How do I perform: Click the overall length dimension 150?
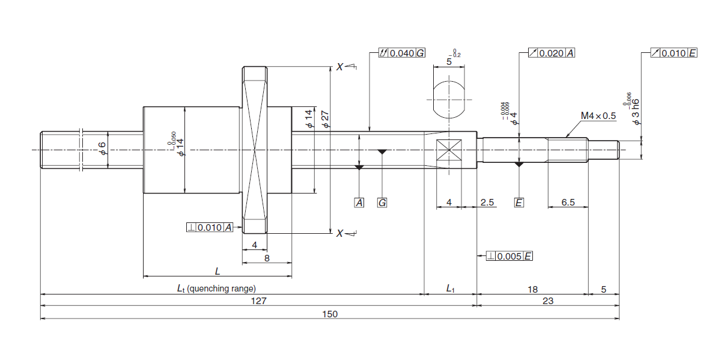[330, 314]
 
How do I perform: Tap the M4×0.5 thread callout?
[598, 116]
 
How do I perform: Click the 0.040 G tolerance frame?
[401, 53]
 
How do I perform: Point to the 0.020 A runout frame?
[552, 53]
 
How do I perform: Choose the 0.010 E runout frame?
[674, 53]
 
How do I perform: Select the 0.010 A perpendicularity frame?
[210, 227]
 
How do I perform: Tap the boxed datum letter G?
[382, 203]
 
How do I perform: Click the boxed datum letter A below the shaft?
[359, 203]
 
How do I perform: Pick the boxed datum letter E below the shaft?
[519, 203]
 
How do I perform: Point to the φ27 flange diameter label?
[326, 118]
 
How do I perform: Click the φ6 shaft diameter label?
[103, 148]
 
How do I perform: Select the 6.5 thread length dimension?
[568, 203]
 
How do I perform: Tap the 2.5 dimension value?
[487, 203]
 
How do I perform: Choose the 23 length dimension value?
[547, 301]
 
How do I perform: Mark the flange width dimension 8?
[267, 258]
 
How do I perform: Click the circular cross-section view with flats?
[449, 99]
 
